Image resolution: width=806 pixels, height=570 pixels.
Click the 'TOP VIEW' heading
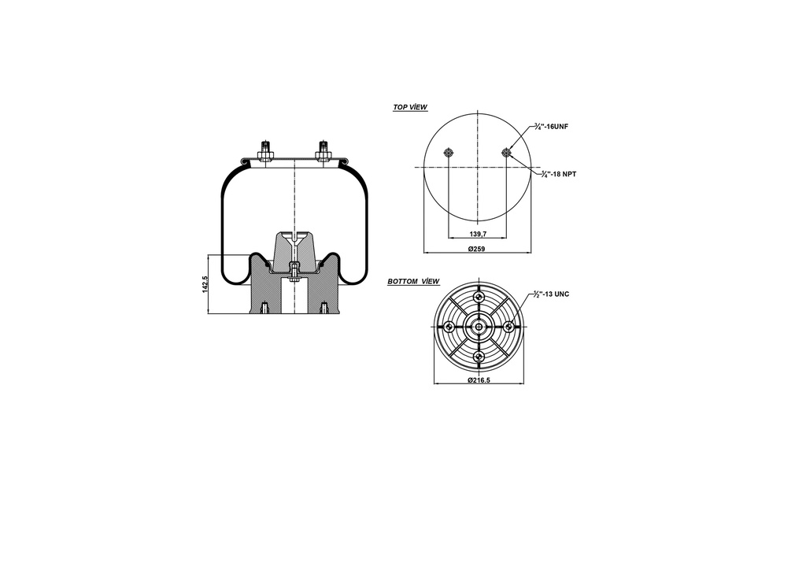pos(410,106)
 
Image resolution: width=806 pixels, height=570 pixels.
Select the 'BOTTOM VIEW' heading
pos(413,281)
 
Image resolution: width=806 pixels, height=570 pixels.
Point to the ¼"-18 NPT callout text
pos(559,173)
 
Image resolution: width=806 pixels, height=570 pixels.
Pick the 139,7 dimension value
pos(479,234)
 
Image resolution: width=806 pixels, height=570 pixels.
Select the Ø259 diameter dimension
pos(476,249)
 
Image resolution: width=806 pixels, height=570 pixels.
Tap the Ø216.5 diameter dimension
pos(479,379)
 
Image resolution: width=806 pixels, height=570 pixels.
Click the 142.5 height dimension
pos(205,284)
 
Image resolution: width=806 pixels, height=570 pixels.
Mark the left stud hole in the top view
pos(449,153)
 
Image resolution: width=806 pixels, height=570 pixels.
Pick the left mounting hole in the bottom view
pos(449,327)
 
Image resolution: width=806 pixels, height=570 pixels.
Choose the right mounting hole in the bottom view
pos(509,327)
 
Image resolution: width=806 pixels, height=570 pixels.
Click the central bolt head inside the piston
pos(294,272)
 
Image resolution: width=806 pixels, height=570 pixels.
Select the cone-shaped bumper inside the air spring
pos(294,248)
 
